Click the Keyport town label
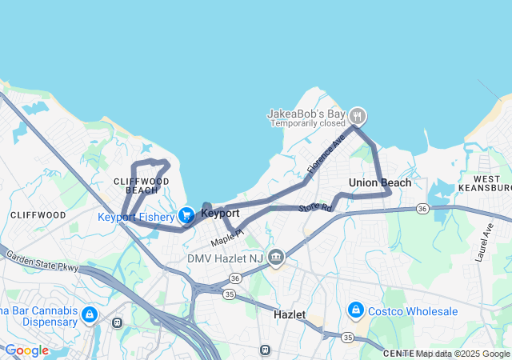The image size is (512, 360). [220, 214]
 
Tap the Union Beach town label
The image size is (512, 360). [380, 183]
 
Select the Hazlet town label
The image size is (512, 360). [289, 314]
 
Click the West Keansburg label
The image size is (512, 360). [486, 183]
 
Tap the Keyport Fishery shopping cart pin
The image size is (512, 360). [186, 214]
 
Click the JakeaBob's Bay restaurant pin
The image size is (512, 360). [358, 115]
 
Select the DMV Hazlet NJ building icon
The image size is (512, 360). [276, 258]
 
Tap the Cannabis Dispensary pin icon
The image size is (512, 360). [89, 314]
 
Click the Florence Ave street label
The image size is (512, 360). [326, 155]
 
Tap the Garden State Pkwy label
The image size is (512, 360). [42, 262]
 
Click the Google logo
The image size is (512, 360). [26, 350]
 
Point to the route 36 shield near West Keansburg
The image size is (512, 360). [422, 209]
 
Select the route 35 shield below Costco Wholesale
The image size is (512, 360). [347, 338]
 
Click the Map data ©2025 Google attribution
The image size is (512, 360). [460, 354]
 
